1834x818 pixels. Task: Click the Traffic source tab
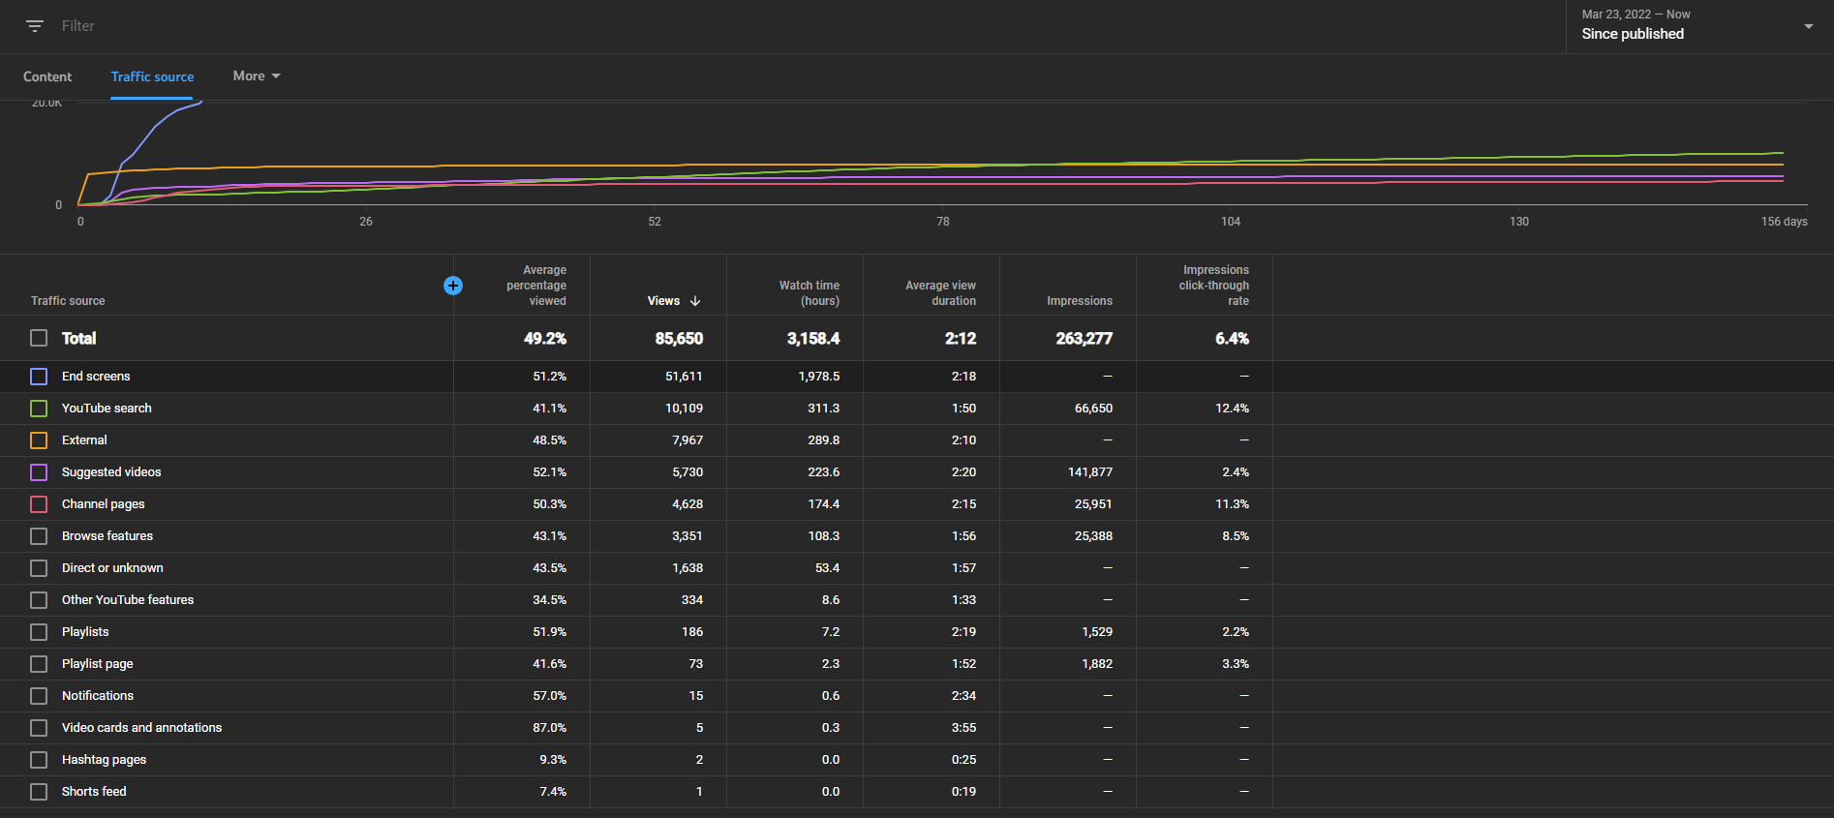152,76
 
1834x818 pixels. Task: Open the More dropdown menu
257,76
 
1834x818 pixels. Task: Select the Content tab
47,76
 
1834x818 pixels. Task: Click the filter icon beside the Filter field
35,26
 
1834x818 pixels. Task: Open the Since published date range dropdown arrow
1809,26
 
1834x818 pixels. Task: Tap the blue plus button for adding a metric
453,286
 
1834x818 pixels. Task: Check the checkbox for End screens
39,377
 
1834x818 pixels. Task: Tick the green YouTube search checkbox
39,409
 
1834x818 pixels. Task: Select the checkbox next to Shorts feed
39,792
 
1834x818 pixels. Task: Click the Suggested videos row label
111,472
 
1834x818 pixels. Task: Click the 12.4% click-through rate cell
1233,409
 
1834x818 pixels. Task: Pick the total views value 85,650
679,339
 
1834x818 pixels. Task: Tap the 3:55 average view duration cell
963,728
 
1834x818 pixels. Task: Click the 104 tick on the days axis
1231,222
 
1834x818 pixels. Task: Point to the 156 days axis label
1784,222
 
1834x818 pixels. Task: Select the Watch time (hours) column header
810,293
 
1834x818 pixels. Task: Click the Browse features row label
107,536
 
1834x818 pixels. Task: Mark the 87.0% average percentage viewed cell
549,728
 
